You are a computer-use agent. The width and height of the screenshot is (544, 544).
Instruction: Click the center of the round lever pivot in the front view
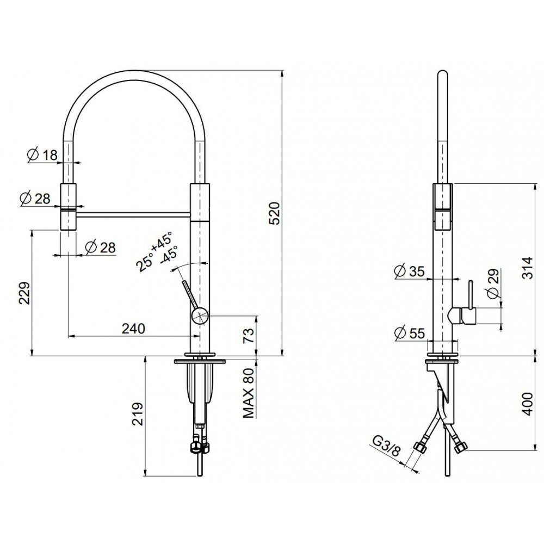click(200, 316)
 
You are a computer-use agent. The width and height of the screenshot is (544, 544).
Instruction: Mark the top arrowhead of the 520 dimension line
click(282, 73)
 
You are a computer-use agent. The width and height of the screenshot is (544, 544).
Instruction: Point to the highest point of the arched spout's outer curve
click(136, 70)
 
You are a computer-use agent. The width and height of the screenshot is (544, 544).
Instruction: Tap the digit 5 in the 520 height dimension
click(275, 221)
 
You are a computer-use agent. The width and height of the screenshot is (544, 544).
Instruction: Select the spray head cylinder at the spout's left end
click(69, 206)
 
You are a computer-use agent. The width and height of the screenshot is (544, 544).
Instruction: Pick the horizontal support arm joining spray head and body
click(133, 215)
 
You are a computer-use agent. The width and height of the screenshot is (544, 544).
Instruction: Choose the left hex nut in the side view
click(420, 447)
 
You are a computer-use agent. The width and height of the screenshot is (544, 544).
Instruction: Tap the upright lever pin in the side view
click(471, 294)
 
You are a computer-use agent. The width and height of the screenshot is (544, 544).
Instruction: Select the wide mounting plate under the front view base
click(200, 362)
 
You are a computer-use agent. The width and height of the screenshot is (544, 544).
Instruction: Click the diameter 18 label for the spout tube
click(42, 155)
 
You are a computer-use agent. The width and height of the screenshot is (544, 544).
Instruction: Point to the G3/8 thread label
click(387, 446)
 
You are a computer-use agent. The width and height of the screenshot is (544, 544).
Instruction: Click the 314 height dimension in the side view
click(527, 268)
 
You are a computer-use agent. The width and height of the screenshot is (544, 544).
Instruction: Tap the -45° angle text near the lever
click(169, 255)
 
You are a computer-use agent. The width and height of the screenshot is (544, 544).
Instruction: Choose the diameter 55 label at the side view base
click(410, 333)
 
